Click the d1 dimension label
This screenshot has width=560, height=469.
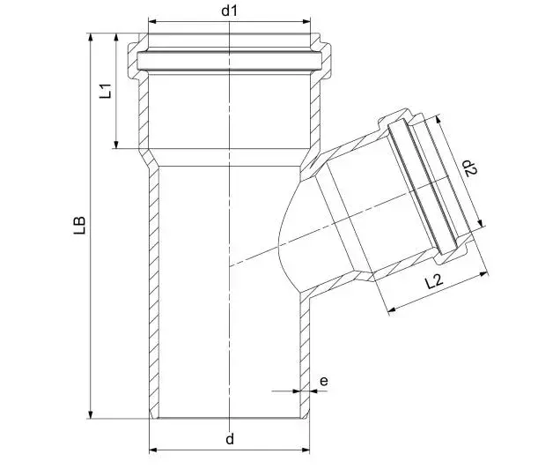click(229, 11)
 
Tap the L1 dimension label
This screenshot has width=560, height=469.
click(106, 91)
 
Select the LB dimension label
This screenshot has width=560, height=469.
click(80, 225)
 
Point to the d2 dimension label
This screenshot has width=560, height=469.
click(469, 167)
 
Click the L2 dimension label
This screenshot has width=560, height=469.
click(434, 281)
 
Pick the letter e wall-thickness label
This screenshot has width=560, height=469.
click(323, 381)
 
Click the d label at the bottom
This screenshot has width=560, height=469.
click(230, 438)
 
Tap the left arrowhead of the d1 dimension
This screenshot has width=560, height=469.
click(152, 21)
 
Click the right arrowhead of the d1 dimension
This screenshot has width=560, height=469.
click(306, 21)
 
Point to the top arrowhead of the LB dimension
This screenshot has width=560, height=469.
click(91, 38)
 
